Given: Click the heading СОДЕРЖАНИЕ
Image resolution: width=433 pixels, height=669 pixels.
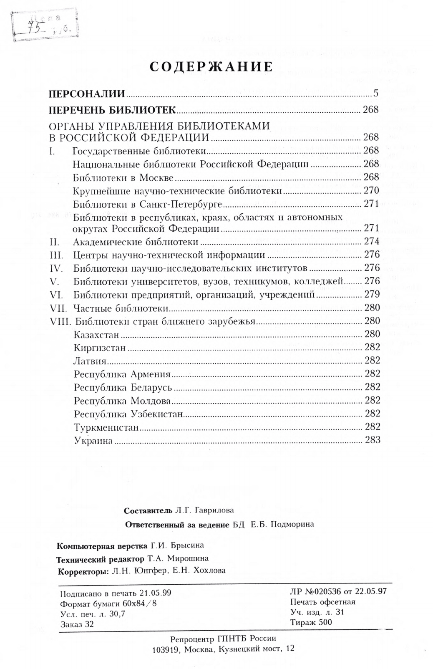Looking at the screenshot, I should coord(211,67).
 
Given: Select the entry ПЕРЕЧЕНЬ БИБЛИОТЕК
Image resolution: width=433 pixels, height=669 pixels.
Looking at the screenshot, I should coord(112,110).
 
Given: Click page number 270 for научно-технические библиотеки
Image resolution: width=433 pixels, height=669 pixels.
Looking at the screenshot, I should coord(371,191).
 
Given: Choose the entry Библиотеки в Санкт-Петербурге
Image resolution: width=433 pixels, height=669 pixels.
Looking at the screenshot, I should coord(147,204).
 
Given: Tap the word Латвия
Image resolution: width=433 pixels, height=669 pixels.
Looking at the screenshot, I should coord(89,361).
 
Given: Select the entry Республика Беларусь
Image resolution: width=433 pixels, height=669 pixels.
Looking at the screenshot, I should coord(123,387).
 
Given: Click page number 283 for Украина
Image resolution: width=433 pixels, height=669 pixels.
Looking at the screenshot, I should coord(373,439).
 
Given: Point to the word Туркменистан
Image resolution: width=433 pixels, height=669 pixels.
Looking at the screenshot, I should coord(106,427).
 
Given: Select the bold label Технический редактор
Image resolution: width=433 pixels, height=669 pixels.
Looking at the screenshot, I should coord(101,558).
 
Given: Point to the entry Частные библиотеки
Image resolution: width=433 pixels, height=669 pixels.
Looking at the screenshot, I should coord(120,308).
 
